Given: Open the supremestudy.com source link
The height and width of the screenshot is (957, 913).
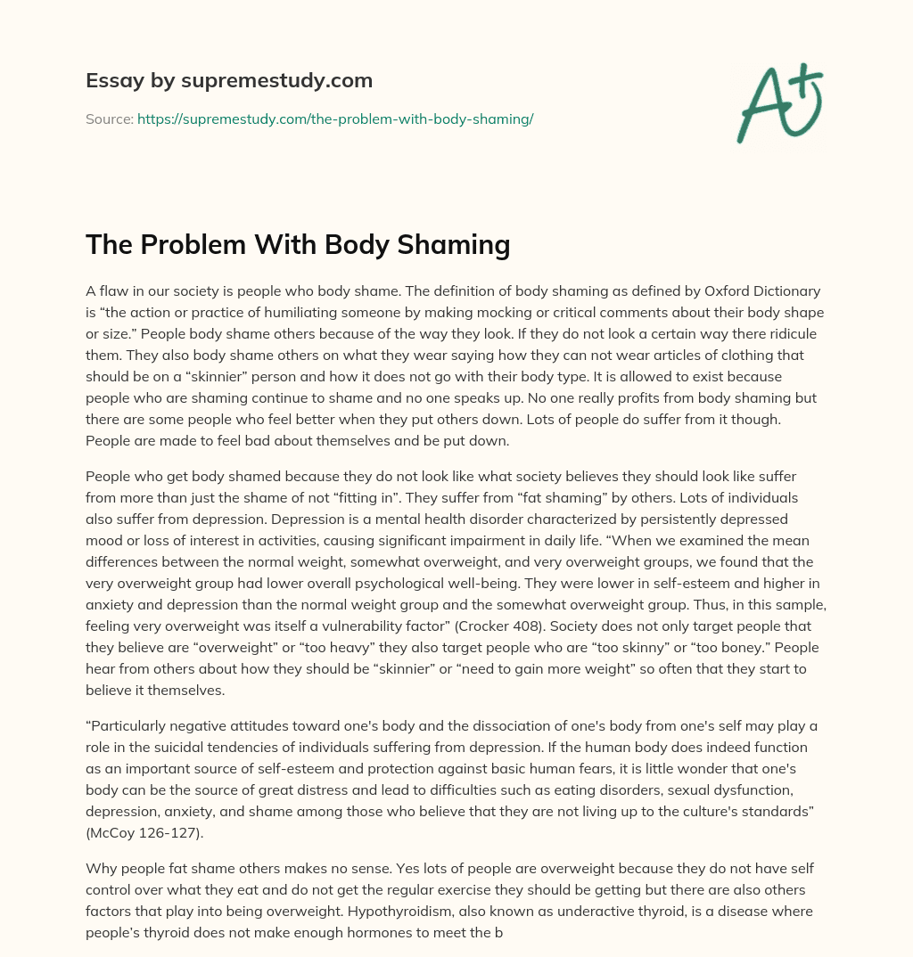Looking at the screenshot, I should point(335,119).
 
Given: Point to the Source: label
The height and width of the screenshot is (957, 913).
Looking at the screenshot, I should point(110,119).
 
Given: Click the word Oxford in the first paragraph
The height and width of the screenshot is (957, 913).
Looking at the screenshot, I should point(707,291).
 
